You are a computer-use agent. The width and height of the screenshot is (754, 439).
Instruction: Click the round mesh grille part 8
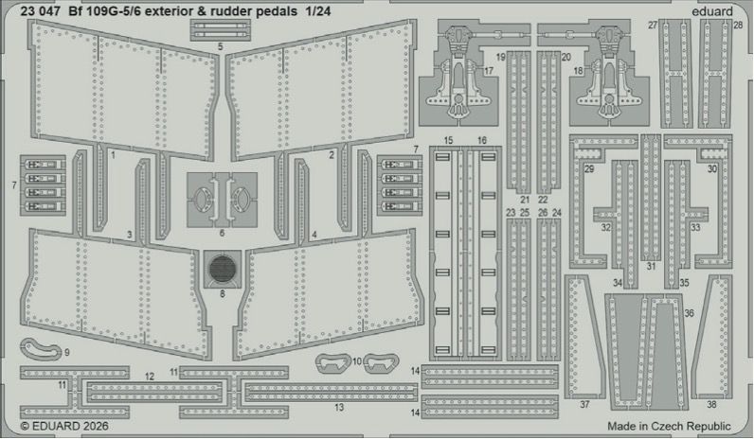click(x=223, y=268)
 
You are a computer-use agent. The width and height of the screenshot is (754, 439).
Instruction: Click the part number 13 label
click(x=339, y=407)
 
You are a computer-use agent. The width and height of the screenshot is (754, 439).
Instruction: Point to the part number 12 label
click(x=150, y=377)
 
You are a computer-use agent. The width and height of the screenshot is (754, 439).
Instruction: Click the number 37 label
click(x=584, y=404)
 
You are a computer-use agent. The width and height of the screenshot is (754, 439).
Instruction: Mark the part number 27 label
click(x=653, y=25)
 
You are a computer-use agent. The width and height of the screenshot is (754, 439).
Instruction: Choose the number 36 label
click(x=689, y=313)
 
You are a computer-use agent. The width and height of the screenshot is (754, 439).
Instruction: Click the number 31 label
click(x=651, y=267)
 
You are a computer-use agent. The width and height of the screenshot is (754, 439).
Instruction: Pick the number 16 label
click(x=482, y=140)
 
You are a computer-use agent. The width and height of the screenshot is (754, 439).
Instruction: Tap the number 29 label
click(x=588, y=168)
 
